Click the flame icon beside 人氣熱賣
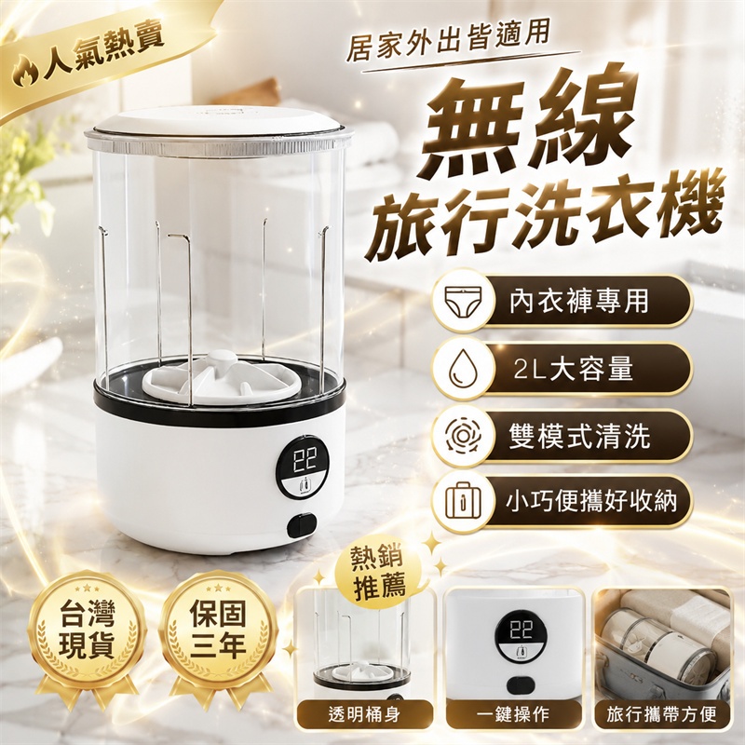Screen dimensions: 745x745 pos(25,73)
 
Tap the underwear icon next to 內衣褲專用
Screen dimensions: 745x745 pos(463,301)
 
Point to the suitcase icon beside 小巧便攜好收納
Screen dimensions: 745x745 pos(463,500)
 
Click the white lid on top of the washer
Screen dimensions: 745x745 pos(219,125)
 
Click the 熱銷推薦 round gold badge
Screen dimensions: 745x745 pos(379,574)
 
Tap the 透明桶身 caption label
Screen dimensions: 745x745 pos(364,714)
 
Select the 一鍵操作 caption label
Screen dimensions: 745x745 pos(515,714)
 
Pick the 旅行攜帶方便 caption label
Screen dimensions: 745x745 pos(662,714)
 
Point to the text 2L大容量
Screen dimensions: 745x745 pos(573,368)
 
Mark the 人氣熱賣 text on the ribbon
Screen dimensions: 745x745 pos(103,53)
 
